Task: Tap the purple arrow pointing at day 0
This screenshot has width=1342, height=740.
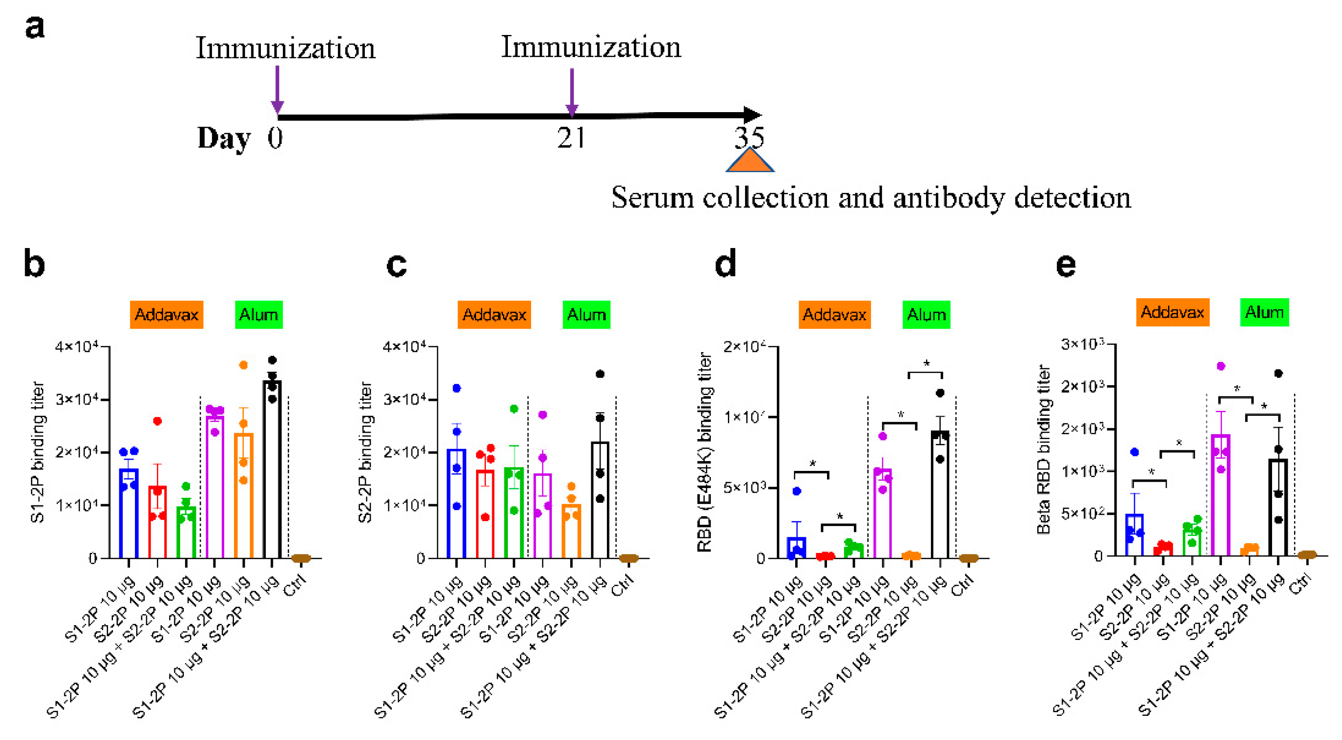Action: pos(277,89)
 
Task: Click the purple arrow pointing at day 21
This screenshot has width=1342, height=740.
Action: pos(572,91)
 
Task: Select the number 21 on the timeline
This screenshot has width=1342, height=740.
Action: pos(571,138)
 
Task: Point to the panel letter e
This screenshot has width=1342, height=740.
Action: pos(1065,265)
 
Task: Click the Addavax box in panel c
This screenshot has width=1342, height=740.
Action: pos(494,314)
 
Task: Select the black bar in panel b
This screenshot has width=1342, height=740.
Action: pos(272,469)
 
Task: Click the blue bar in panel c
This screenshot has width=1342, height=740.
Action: pos(456,503)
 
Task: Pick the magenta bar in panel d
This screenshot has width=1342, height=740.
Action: pos(883,514)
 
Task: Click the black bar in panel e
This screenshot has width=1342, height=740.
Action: pos(1278,508)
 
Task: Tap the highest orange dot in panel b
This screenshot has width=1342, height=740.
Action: pos(243,365)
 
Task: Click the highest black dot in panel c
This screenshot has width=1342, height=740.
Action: pos(600,374)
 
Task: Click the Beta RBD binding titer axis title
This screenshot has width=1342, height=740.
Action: pos(1043,449)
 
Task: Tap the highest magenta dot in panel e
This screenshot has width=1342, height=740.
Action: pos(1221,366)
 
